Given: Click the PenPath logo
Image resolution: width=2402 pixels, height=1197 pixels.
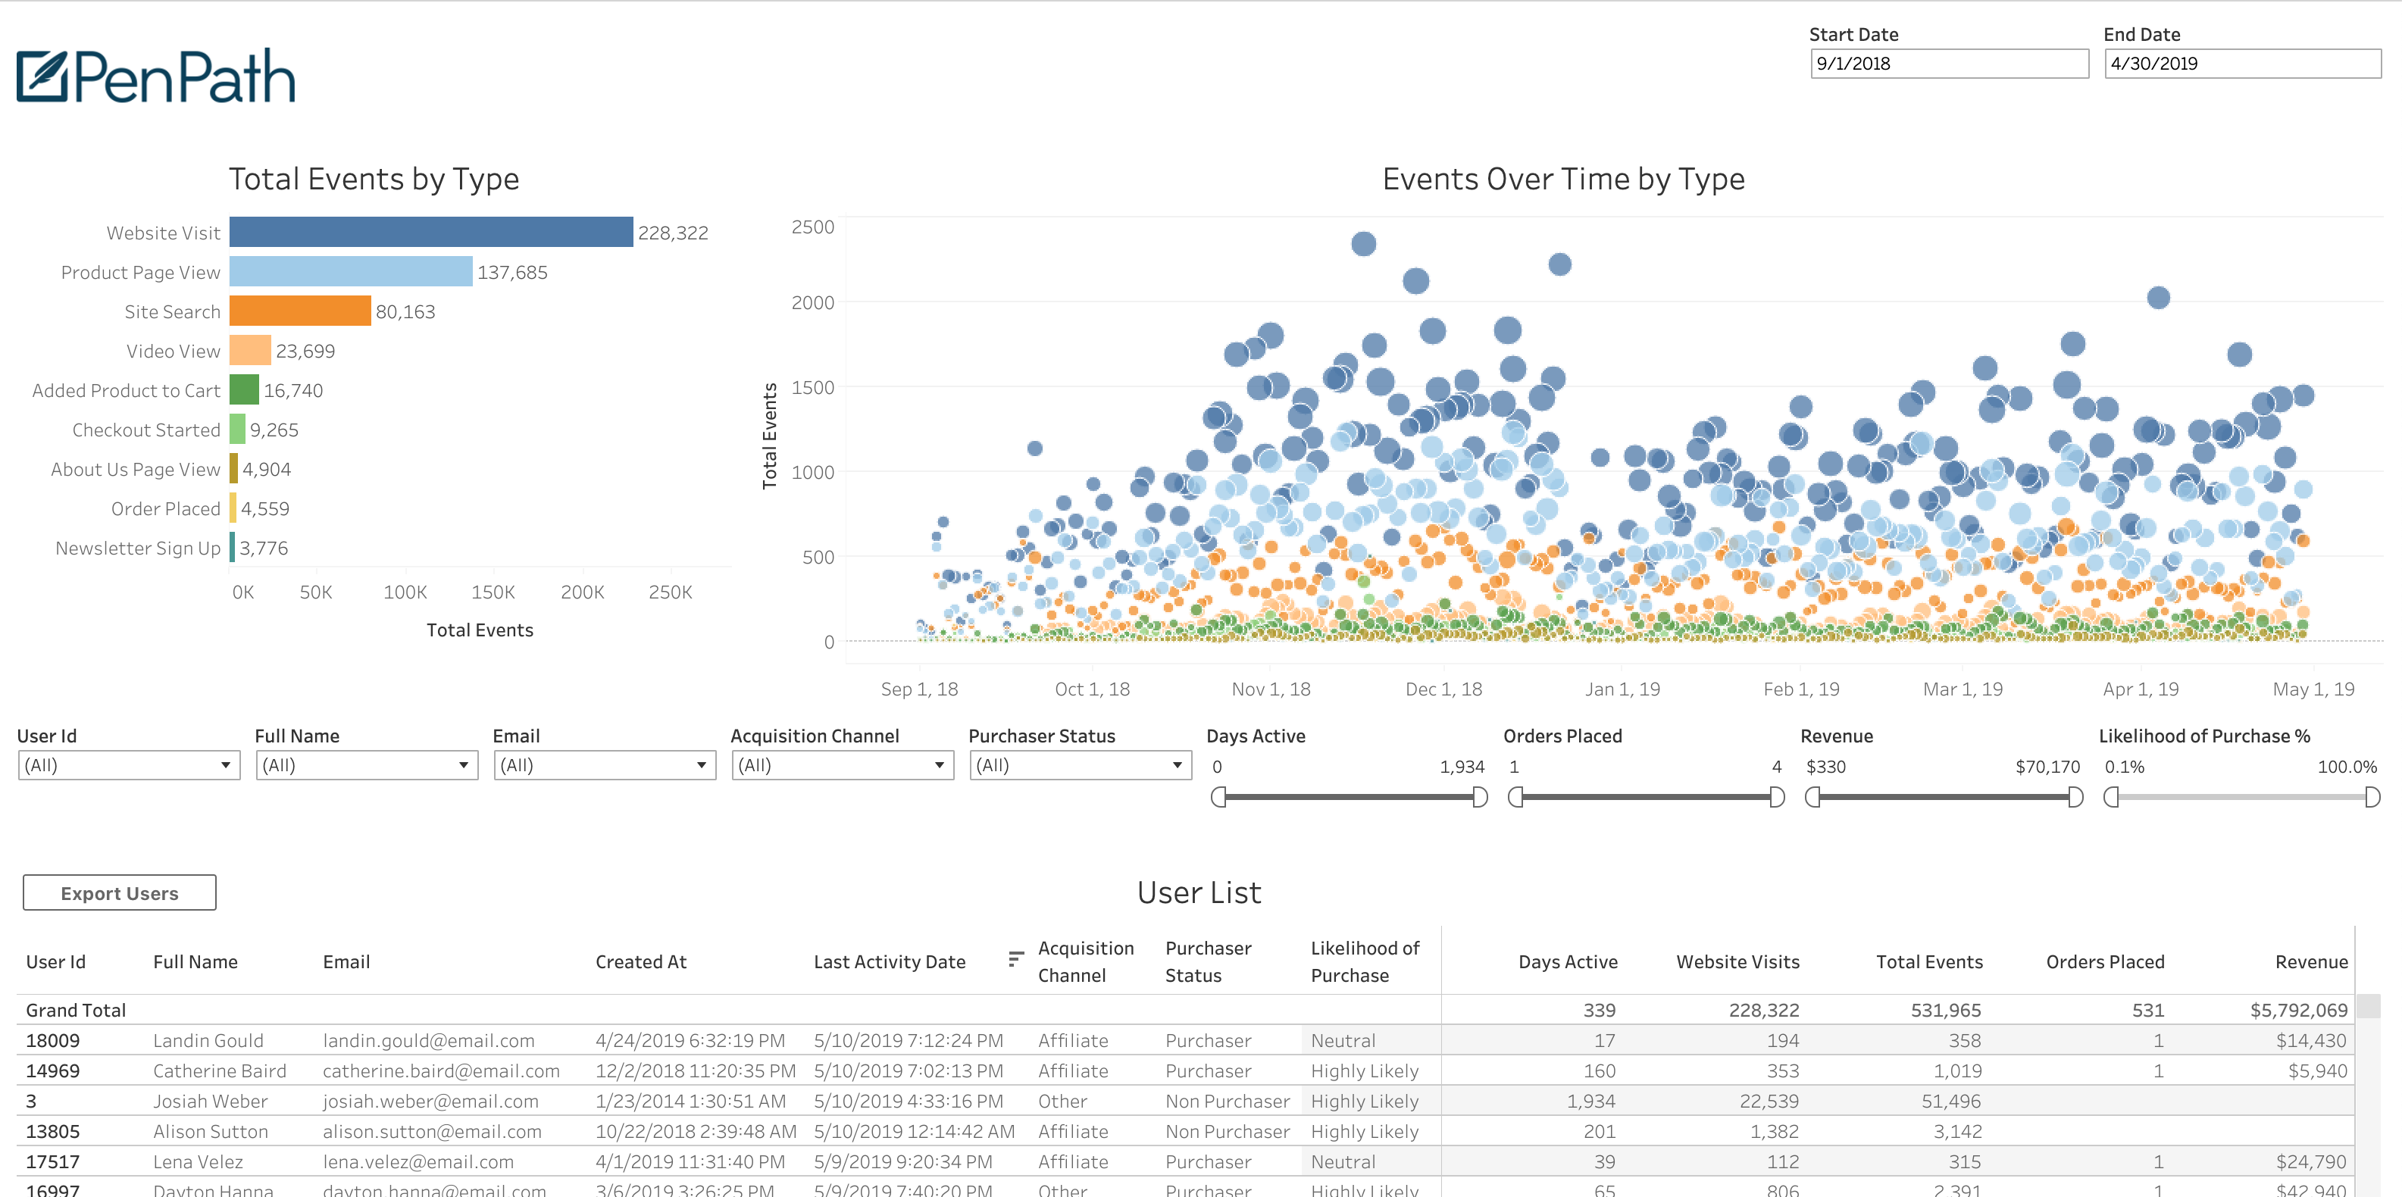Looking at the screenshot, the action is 156,76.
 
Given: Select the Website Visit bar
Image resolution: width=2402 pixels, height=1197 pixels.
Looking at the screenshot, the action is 431,232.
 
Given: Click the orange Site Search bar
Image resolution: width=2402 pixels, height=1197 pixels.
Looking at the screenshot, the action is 300,311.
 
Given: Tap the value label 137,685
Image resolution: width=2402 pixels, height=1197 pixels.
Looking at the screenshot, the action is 512,272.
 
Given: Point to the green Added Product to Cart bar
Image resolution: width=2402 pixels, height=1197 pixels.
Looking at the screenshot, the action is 244,389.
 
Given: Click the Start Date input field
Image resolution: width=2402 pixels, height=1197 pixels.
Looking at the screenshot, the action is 1949,64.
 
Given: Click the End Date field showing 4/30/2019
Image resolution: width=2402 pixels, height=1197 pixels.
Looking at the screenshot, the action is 2243,64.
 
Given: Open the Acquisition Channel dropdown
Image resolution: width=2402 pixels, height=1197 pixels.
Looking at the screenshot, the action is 842,765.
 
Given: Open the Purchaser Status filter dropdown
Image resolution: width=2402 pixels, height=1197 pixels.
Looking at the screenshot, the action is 1080,765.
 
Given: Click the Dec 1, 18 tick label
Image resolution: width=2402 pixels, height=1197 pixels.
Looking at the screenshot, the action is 1443,689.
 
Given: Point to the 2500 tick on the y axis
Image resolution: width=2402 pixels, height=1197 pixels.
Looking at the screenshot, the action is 812,227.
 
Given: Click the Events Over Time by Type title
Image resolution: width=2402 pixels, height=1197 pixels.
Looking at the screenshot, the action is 1562,179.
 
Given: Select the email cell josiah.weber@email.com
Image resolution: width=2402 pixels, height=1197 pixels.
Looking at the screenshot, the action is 431,1101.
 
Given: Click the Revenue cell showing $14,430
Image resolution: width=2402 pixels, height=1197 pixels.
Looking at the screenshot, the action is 2312,1040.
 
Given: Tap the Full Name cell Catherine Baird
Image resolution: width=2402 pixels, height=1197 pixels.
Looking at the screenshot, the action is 220,1070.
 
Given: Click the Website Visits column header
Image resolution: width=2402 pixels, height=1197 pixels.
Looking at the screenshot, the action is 1737,961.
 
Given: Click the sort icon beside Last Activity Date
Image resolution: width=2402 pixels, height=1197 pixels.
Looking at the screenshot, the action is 1015,958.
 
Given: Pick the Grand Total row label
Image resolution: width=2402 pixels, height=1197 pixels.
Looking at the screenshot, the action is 76,1010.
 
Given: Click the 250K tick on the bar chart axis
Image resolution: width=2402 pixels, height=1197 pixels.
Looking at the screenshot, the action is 671,592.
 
